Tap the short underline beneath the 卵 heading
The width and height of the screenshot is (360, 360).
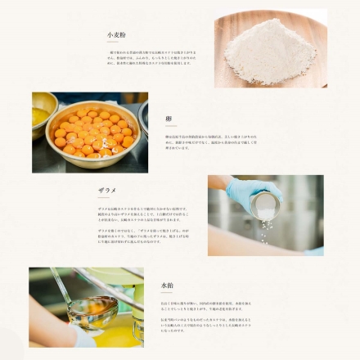[168, 127]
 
